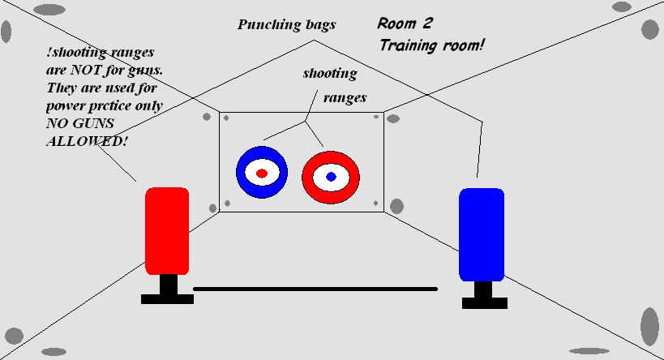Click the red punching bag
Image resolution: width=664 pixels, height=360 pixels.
(167, 230)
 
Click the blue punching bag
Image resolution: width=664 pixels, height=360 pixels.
(482, 234)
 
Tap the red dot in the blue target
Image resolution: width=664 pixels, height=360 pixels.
(261, 174)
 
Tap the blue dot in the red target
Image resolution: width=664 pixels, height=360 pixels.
(331, 177)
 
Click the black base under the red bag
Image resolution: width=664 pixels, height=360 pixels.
(167, 298)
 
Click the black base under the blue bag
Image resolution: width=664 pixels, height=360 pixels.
(484, 302)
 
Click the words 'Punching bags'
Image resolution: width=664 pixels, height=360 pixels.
(286, 24)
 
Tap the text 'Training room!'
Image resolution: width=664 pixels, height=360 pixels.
(431, 45)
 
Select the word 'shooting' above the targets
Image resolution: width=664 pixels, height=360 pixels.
(330, 74)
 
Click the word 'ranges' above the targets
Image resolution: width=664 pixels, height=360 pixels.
(345, 98)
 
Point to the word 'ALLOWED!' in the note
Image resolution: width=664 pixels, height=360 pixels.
(87, 141)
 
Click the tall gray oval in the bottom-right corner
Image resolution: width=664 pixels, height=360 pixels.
(649, 326)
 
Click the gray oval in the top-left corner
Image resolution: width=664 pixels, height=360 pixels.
(6, 32)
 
